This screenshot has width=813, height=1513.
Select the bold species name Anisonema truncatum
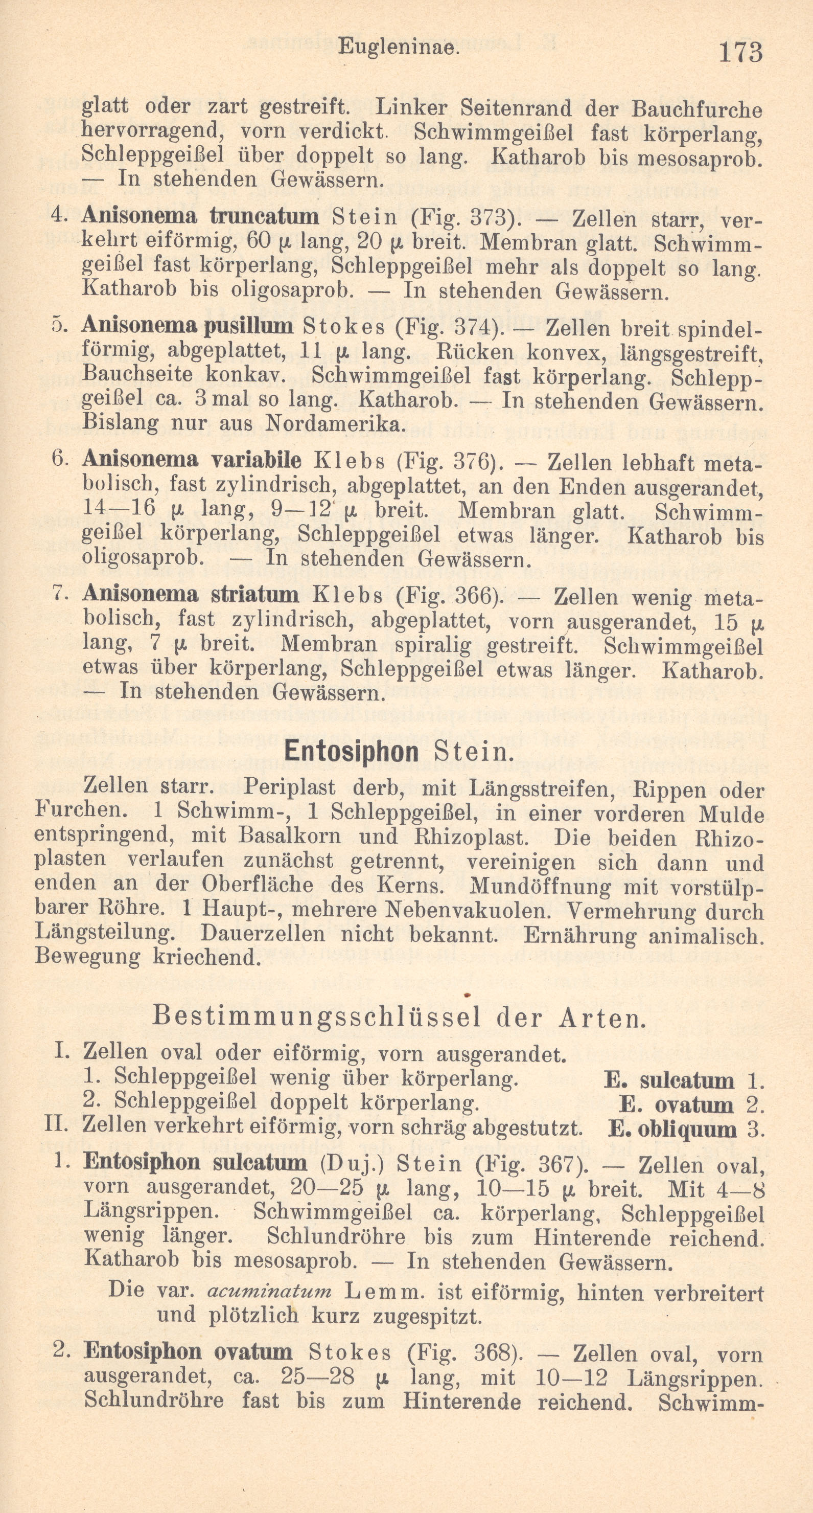(200, 216)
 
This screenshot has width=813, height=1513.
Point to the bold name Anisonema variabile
(192, 459)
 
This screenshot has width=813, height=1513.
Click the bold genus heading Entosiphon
(351, 751)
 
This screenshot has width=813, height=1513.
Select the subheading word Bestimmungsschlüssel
(316, 1018)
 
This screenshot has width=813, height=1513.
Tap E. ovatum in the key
(676, 1105)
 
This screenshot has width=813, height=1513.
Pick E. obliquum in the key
(672, 1130)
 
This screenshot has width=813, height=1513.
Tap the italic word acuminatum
(269, 1291)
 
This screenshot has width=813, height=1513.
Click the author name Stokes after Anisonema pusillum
(343, 327)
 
